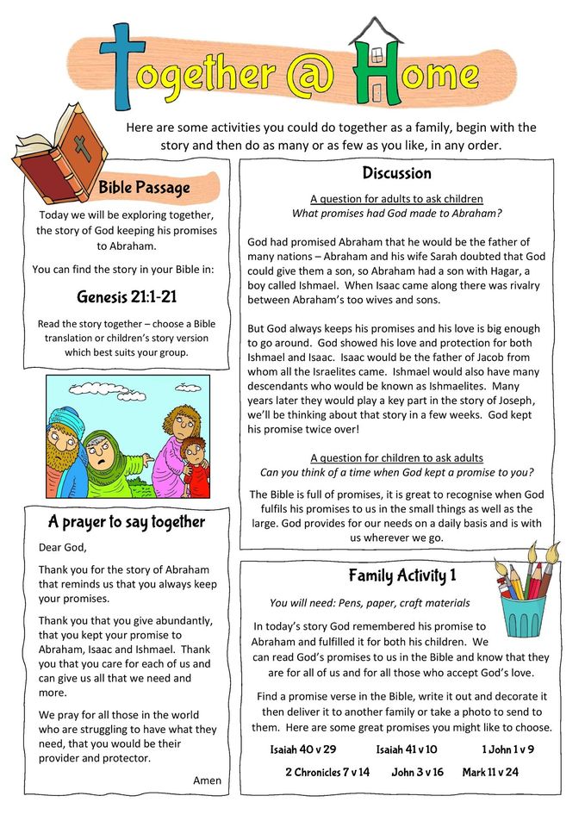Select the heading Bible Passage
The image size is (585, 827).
coord(144,187)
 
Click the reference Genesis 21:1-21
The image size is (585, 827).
coord(126,298)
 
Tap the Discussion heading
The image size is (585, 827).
coord(396,173)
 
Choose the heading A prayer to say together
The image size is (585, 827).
coord(127,521)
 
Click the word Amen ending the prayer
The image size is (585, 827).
coord(208,780)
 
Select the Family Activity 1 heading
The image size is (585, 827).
coord(402,576)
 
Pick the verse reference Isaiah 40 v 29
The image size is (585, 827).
coord(302,749)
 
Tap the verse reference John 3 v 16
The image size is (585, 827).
coord(417,772)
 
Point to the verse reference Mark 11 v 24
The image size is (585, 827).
coord(490,772)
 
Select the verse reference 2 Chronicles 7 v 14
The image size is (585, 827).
coord(327,772)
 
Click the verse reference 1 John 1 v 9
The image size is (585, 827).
coord(507,749)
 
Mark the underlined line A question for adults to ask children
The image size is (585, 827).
coord(396,199)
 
